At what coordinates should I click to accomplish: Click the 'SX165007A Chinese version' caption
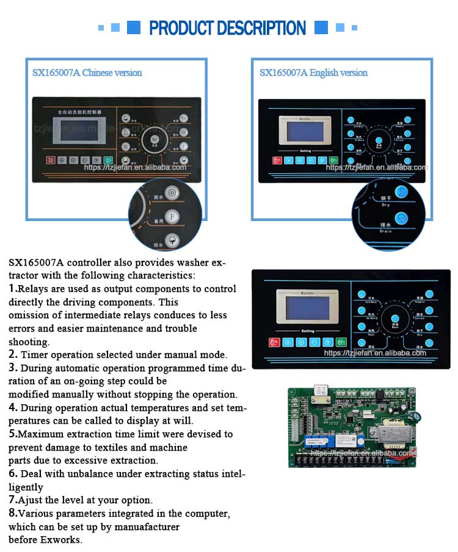click(87, 73)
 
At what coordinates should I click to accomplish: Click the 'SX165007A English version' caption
click(313, 73)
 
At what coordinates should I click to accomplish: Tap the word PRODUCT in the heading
click(181, 28)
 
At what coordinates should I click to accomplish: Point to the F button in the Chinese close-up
click(173, 216)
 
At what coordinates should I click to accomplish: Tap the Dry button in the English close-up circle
click(401, 192)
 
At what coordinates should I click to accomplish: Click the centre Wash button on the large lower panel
click(395, 318)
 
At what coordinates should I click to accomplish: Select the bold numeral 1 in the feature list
click(12, 288)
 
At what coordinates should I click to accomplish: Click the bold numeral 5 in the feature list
click(12, 434)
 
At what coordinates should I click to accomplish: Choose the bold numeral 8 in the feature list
click(12, 514)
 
